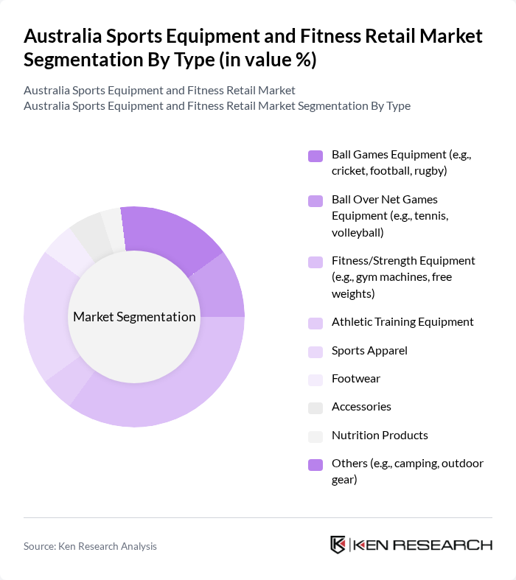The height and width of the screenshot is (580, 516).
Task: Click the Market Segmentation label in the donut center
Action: click(x=134, y=317)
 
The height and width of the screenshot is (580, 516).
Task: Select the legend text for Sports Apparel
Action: click(x=369, y=350)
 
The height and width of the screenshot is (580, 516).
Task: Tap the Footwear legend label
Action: click(x=356, y=378)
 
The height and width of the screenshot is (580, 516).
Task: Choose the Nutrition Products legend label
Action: click(x=380, y=435)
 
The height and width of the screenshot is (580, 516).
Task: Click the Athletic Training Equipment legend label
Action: click(x=402, y=321)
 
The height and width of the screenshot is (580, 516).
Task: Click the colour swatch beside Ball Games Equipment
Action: click(x=315, y=156)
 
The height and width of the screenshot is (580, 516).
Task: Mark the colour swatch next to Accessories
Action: click(x=315, y=408)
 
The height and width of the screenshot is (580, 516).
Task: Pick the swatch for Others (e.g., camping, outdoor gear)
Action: click(x=315, y=464)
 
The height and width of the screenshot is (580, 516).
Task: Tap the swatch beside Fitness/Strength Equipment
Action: click(x=315, y=262)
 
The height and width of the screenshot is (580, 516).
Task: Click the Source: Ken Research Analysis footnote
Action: click(x=90, y=546)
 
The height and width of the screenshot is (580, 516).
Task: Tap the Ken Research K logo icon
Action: click(x=338, y=545)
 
